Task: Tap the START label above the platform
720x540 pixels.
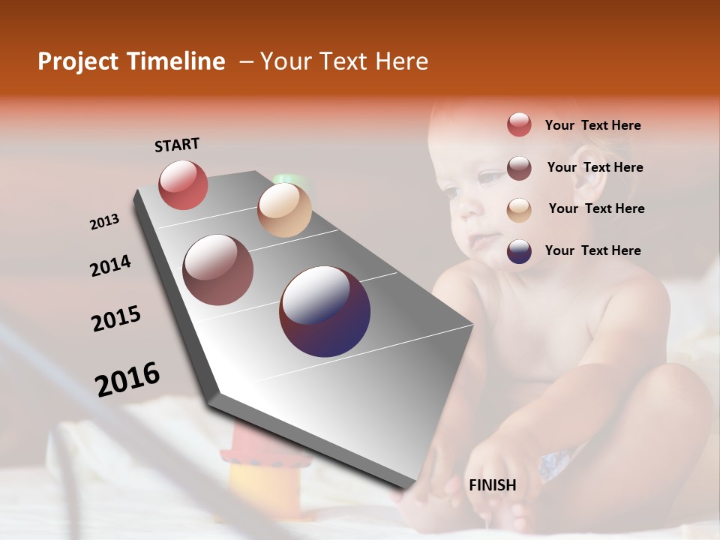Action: [x=177, y=145]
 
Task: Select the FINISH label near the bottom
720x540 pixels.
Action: [x=492, y=485]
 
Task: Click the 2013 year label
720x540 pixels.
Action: [x=104, y=222]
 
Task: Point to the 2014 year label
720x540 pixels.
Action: [x=110, y=265]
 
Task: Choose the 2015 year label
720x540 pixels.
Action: [x=116, y=319]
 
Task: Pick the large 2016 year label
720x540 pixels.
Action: [x=127, y=379]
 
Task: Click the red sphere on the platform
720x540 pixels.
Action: [x=183, y=184]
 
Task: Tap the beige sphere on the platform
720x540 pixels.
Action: [x=284, y=210]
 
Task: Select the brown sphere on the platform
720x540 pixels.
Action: [x=218, y=270]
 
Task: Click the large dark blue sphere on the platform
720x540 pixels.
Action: [x=325, y=311]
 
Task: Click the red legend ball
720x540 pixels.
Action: [x=519, y=124]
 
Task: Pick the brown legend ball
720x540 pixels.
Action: [x=519, y=168]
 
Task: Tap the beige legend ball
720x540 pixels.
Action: [x=519, y=210]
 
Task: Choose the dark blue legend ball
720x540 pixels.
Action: [x=519, y=252]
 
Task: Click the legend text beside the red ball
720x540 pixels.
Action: [x=592, y=125]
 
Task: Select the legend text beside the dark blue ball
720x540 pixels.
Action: [x=592, y=250]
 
